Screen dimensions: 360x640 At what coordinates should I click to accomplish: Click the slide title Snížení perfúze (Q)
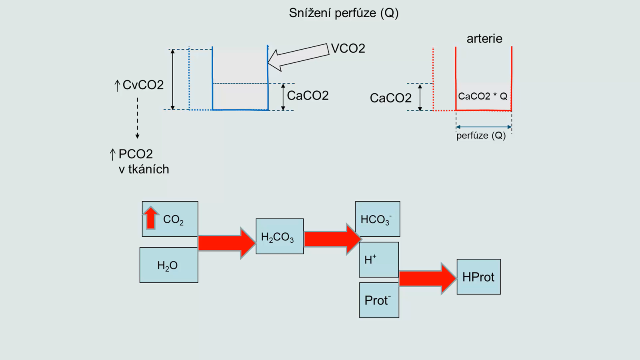tap(344, 13)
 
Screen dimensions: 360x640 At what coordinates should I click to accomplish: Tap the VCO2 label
tap(348, 48)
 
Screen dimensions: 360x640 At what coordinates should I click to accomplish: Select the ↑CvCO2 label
tap(139, 85)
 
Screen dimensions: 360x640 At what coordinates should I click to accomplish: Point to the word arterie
tap(484, 38)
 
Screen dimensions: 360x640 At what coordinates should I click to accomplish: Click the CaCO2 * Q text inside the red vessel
tap(482, 96)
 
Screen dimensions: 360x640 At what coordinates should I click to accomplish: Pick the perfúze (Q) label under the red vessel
tap(481, 136)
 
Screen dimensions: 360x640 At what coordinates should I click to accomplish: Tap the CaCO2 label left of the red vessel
tap(390, 98)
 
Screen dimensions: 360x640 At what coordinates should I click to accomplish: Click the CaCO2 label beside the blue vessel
tap(308, 96)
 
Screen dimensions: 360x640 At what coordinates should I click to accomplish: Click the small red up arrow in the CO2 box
tap(151, 218)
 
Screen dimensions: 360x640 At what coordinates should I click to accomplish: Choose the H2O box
tap(168, 265)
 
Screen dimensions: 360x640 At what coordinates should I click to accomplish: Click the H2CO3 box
tap(279, 236)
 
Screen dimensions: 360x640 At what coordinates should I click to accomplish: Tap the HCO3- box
tap(377, 219)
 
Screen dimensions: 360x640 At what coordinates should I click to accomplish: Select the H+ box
tap(378, 260)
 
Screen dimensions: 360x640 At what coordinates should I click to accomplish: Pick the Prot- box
tap(379, 300)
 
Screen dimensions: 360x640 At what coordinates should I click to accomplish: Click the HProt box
tap(478, 277)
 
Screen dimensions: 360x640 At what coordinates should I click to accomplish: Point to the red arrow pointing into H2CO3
tap(226, 243)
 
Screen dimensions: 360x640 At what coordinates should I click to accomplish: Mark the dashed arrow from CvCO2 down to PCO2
tap(137, 118)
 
